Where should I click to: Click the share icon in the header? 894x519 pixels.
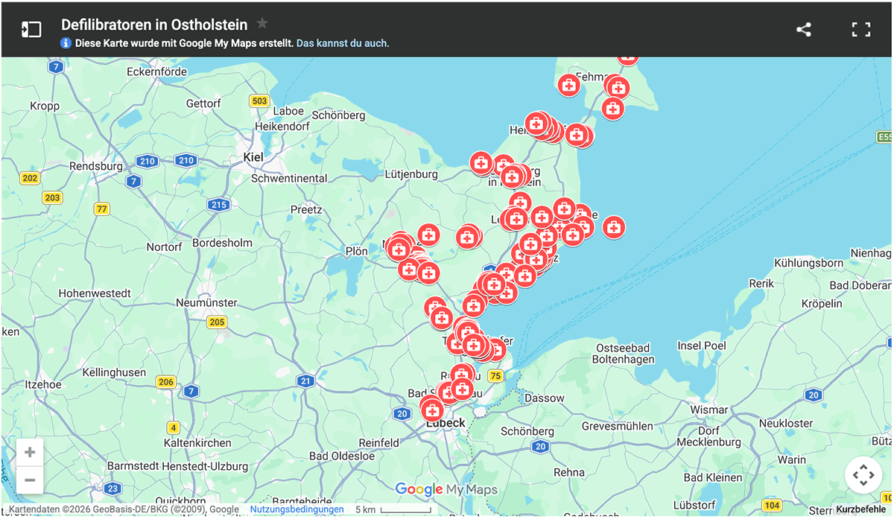(x=803, y=30)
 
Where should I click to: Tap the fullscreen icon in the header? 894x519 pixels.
(x=861, y=30)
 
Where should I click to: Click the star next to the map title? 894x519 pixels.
(x=262, y=23)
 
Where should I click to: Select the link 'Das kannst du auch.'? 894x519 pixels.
(x=343, y=43)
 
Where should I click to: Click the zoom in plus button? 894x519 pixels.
(x=30, y=452)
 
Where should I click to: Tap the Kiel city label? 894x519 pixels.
(x=253, y=157)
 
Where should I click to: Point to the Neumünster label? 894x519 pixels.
(x=206, y=302)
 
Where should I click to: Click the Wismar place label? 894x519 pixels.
(x=709, y=410)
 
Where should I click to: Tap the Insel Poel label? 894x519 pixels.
(x=702, y=346)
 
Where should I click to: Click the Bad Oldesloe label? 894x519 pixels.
(x=341, y=456)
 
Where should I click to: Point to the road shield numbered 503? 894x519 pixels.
(x=259, y=101)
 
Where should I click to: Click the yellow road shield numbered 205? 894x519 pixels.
(x=217, y=322)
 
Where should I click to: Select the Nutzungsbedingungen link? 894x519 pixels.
(x=297, y=509)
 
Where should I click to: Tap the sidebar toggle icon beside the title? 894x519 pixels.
(x=31, y=30)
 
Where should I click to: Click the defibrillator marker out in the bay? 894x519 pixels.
(x=613, y=227)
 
